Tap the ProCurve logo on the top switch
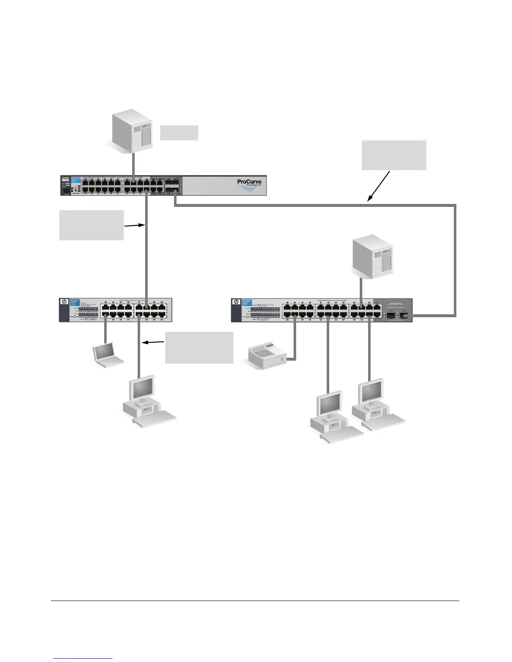point(249,183)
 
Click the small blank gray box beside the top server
point(179,132)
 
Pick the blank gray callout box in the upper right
point(394,155)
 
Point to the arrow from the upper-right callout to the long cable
point(379,186)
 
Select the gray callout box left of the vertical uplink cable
point(92,225)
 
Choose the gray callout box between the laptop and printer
point(199,348)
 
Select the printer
point(267,355)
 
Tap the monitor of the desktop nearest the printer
point(330,404)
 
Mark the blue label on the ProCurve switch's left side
point(76,180)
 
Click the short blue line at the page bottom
point(83,658)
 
